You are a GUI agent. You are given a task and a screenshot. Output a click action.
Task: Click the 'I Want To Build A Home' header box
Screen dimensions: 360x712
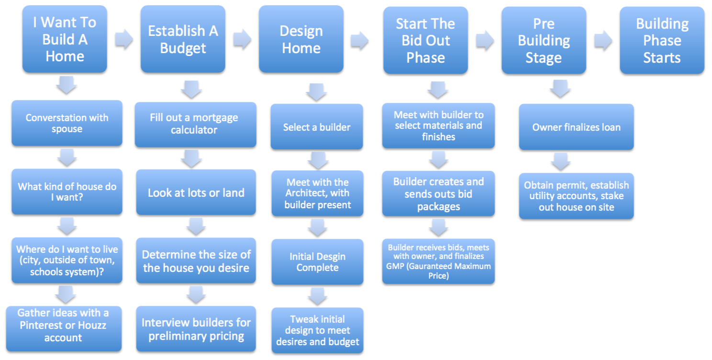pos(65,39)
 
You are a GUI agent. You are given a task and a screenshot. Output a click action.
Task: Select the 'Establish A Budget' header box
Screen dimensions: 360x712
pos(183,39)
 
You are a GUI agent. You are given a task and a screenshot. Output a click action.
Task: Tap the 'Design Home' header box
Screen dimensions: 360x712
pos(301,39)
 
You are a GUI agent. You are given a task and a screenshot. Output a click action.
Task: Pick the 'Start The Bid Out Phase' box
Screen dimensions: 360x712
pos(425,40)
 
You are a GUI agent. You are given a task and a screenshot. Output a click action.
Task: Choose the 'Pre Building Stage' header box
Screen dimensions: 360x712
pos(544,40)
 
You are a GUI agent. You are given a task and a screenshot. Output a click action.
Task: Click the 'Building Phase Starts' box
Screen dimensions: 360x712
pos(662,40)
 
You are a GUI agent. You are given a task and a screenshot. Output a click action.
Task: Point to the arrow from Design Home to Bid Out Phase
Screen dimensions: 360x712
pos(359,40)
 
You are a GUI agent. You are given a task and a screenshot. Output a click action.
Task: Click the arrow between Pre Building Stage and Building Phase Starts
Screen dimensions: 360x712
pos(603,40)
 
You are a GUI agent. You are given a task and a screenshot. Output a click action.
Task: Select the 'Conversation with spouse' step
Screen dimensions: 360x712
pos(67,123)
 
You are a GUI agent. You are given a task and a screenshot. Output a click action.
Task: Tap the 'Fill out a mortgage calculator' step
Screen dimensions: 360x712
pos(195,124)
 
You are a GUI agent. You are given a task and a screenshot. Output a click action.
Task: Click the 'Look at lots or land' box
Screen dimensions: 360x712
pos(196,193)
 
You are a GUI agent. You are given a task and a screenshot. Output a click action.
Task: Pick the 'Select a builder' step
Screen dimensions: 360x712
pos(317,127)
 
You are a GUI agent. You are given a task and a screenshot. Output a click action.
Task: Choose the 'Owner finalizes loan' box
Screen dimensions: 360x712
pos(576,127)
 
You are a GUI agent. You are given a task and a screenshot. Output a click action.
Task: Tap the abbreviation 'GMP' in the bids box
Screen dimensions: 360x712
pos(395,266)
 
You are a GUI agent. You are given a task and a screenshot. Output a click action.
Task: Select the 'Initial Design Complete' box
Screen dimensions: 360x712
pos(317,262)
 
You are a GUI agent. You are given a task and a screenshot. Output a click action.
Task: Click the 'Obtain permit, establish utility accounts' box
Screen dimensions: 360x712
pos(576,196)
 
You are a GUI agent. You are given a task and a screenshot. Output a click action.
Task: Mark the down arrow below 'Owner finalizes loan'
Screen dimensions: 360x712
pos(561,162)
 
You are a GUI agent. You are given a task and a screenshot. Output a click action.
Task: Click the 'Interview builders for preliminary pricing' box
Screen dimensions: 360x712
pos(196,329)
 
